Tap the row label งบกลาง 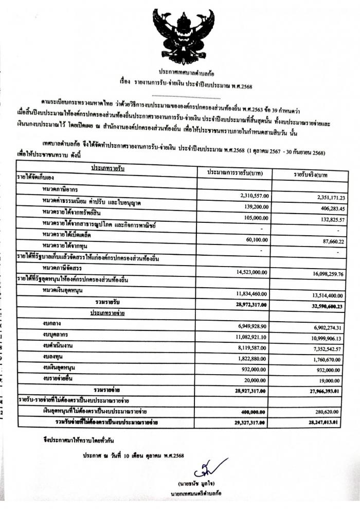[52, 325]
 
